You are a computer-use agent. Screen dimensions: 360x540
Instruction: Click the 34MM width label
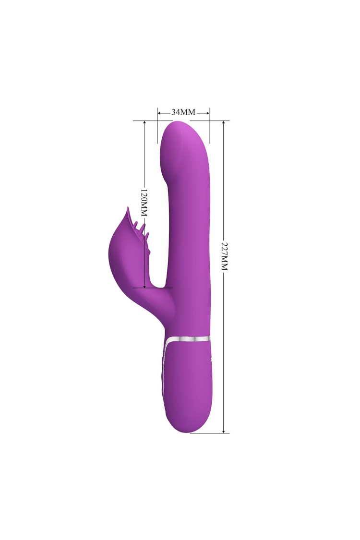click(x=184, y=112)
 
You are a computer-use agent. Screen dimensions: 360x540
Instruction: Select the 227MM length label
click(x=224, y=256)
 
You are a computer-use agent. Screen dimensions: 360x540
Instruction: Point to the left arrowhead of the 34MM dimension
click(x=160, y=113)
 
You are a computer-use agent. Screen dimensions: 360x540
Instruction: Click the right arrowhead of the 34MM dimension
click(x=208, y=113)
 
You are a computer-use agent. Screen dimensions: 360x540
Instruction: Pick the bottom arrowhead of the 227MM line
click(x=224, y=431)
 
